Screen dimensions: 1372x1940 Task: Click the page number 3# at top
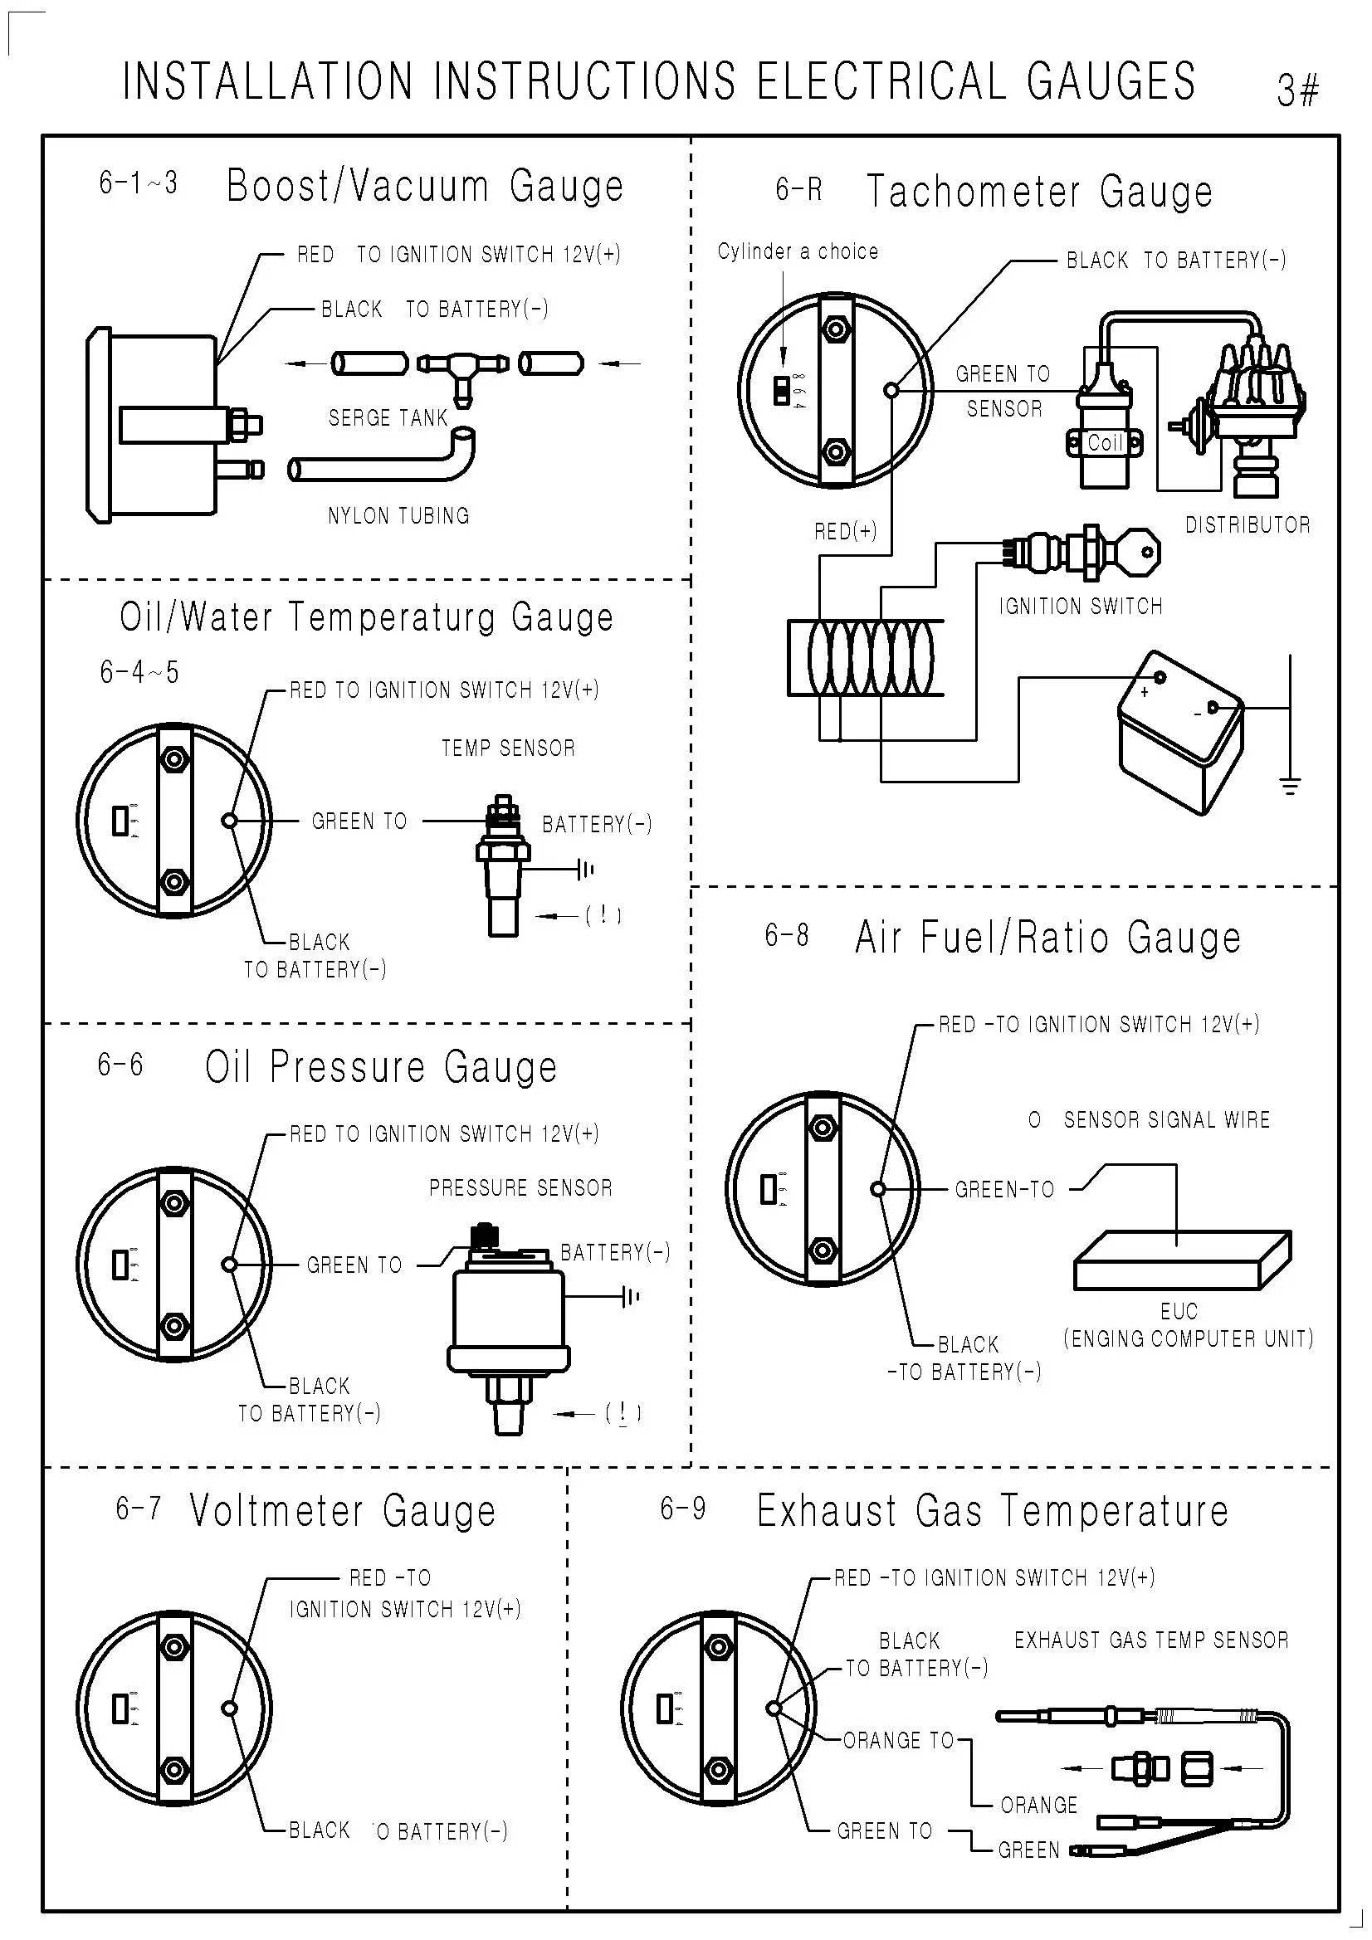[x=1297, y=90]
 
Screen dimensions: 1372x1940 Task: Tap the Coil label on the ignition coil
[x=1104, y=442]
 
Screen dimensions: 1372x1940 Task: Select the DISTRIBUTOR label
[x=1247, y=524]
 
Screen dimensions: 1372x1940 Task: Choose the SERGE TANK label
[x=388, y=417]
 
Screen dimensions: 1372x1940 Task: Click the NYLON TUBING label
[x=398, y=515]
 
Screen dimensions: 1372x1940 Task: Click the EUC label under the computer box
[x=1179, y=1311]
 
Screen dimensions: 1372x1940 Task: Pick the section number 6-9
[x=683, y=1509]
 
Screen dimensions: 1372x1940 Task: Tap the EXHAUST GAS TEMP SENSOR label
[x=1151, y=1640]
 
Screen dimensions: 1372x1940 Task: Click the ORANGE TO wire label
[x=899, y=1741]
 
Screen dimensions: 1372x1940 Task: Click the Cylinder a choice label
[x=798, y=251]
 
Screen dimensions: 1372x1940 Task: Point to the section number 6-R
[x=798, y=189]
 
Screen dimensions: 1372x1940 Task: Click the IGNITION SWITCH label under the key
[x=1081, y=606]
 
